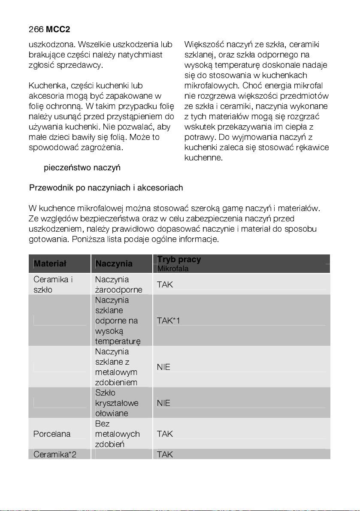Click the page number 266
(x=36, y=29)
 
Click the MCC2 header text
(x=58, y=29)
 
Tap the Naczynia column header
(x=114, y=263)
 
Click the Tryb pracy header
(x=179, y=260)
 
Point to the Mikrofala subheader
(x=173, y=269)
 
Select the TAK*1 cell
(x=168, y=321)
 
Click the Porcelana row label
(x=52, y=434)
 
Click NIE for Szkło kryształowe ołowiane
(x=163, y=403)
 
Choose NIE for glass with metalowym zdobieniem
(x=163, y=367)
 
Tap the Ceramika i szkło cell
(x=53, y=284)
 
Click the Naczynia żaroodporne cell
(x=118, y=284)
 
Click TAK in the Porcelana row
(x=165, y=434)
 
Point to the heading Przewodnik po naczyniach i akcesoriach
(x=106, y=188)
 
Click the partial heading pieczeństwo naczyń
(x=82, y=167)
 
